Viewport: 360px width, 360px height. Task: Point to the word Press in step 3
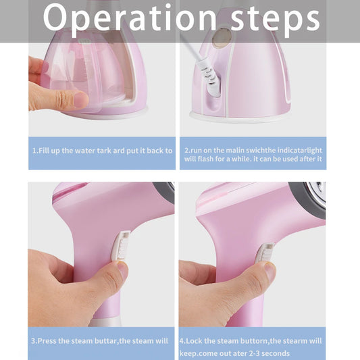[x=51, y=341]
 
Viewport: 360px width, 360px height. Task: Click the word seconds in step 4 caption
[x=277, y=353]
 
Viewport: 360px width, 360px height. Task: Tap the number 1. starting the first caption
[x=34, y=151]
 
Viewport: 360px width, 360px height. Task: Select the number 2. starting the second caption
[x=187, y=151]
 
